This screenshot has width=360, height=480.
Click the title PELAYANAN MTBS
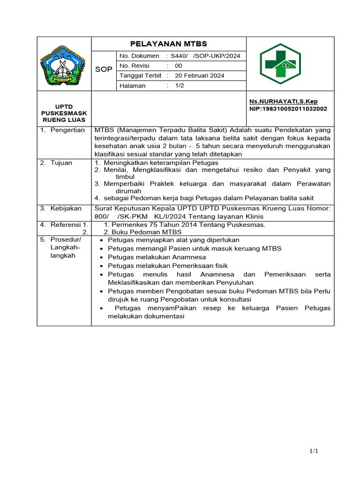pos(168,44)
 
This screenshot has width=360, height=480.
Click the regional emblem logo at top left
pos(64,66)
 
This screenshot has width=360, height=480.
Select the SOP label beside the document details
pos(104,69)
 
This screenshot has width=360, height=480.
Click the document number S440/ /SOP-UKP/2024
pos(205,56)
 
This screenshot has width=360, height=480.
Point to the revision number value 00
pos(179,66)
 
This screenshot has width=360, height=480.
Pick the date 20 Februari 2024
pos(199,75)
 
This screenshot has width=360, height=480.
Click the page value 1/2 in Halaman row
pos(180,86)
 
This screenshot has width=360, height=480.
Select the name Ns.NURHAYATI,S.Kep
pos(283,101)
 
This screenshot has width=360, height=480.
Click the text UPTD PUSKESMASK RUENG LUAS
pos(64,113)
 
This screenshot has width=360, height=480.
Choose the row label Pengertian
pos(67,130)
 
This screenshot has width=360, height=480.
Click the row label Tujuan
pos(61,163)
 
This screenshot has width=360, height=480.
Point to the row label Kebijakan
pos(66,208)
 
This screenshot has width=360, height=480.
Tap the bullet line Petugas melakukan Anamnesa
pos(157,257)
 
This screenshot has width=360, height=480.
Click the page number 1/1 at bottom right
pos(314,451)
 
